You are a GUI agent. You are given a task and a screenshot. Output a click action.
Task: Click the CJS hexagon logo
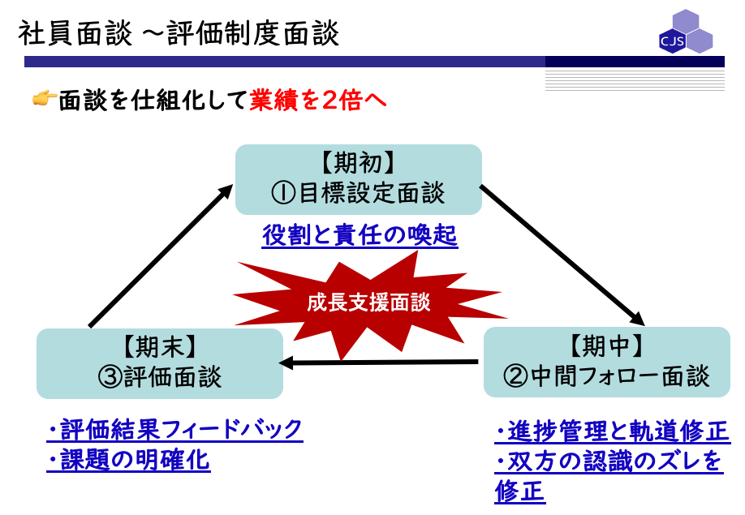(686, 32)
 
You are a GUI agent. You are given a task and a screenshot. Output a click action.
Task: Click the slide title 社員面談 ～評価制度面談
(179, 33)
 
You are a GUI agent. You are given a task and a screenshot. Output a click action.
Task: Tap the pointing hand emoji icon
(44, 99)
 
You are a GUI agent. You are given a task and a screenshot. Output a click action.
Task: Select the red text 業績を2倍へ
(317, 100)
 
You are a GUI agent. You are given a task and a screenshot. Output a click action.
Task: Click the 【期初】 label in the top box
(358, 163)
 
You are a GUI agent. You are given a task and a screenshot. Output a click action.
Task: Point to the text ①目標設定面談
(358, 193)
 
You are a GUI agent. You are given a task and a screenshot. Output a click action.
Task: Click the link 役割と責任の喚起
(360, 235)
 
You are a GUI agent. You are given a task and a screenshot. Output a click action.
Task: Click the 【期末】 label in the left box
(160, 346)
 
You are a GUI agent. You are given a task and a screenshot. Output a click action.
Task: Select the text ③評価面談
(160, 377)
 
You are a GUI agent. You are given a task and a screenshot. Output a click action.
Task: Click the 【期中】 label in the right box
(606, 345)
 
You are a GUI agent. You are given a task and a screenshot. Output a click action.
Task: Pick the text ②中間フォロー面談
(606, 376)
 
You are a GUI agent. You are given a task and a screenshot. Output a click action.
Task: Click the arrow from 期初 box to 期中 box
(562, 255)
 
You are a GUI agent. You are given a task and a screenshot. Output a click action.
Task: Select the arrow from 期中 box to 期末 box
(378, 363)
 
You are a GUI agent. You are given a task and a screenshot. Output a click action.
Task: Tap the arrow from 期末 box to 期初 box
(161, 255)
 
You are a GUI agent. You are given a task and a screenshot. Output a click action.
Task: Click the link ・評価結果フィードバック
(174, 430)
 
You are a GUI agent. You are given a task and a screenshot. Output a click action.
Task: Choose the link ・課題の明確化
(128, 460)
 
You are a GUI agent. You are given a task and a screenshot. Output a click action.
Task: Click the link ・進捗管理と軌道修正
(613, 431)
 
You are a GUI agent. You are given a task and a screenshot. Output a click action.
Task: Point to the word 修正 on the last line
(519, 491)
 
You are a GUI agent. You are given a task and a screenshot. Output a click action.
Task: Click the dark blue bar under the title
(374, 62)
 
